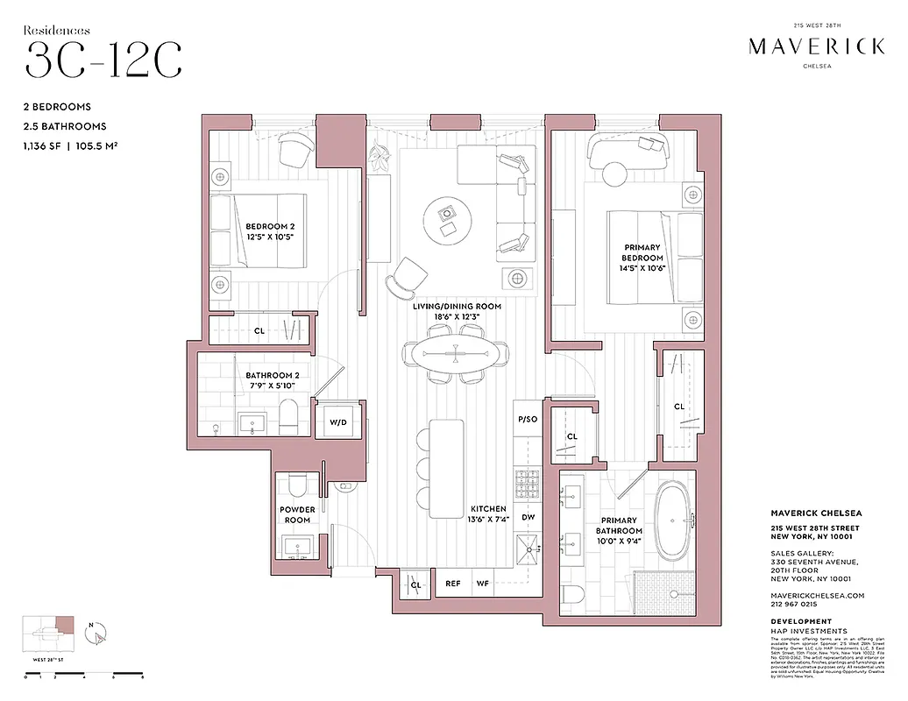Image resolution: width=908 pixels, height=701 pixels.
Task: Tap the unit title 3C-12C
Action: point(103,59)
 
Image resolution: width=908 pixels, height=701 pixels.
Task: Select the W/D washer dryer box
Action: point(338,422)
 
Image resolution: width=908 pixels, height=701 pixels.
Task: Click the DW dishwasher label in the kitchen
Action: point(528,517)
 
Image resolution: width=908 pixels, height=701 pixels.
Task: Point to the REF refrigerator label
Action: point(453,583)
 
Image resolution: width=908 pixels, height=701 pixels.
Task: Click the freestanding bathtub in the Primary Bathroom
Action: point(674,523)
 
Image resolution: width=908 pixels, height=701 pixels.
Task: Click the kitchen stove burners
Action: point(528,481)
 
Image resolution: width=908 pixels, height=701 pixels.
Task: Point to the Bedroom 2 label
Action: point(270,225)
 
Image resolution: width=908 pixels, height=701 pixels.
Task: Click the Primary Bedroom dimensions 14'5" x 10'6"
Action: point(642,269)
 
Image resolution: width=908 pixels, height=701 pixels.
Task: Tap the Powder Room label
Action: point(297,514)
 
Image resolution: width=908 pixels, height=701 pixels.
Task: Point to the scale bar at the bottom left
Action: point(84,675)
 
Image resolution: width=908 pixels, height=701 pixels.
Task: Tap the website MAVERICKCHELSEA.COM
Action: point(817,595)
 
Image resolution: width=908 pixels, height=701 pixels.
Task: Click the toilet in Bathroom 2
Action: point(288,416)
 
